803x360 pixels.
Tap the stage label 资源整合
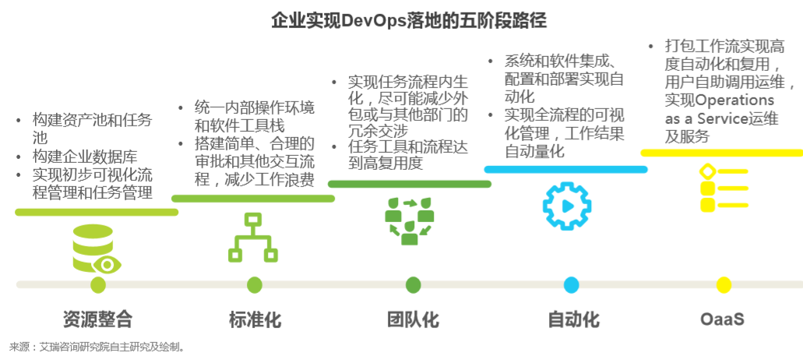coord(97,319)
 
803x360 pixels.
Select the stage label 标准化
coord(255,319)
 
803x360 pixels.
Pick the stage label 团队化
coord(413,319)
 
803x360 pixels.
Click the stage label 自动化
coord(573,319)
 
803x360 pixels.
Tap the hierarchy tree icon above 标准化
coord(253,237)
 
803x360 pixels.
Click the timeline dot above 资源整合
coord(98,285)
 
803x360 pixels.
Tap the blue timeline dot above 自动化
coord(571,285)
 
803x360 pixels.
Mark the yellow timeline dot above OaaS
coord(724,285)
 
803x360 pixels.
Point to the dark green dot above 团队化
coord(413,285)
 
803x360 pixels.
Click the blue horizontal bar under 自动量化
coord(565,169)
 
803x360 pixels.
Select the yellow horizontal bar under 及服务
coord(721,153)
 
